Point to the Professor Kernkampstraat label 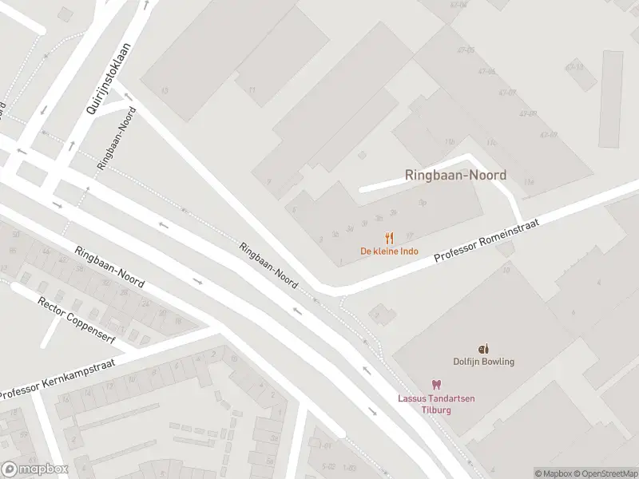point(58,380)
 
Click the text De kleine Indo point(389,251)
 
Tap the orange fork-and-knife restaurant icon point(389,238)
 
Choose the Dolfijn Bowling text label point(483,361)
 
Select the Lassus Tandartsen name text point(436,399)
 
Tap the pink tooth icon point(436,386)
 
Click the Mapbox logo point(34,469)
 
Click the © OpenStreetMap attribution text point(604,473)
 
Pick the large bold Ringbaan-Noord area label point(455,175)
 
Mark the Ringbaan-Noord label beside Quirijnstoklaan point(117,137)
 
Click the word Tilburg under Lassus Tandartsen point(436,410)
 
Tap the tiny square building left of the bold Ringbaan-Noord point(362,155)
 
